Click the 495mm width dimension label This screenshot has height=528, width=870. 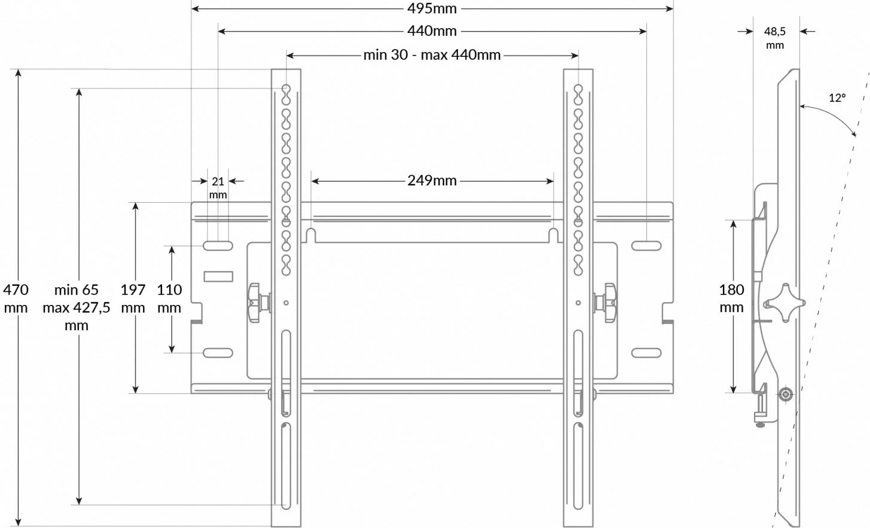[432, 8]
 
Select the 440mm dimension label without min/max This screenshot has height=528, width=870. [432, 30]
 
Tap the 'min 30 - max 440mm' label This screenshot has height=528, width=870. [432, 55]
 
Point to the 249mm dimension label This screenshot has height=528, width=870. [432, 180]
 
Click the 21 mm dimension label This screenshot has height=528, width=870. [218, 187]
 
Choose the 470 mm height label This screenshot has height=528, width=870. [16, 298]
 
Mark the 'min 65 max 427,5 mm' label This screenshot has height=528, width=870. [77, 307]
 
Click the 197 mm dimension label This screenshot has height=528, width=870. [133, 298]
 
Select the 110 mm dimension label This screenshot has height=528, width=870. [169, 298]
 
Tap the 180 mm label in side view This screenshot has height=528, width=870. [731, 298]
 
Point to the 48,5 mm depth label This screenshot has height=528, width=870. [774, 38]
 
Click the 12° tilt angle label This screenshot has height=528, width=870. [837, 97]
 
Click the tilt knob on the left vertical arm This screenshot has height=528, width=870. [257, 303]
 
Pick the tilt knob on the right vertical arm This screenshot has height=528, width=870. [606, 303]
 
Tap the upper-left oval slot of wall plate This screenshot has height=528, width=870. [218, 246]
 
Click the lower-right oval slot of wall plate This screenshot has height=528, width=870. [646, 353]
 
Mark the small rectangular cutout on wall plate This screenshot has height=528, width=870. [218, 276]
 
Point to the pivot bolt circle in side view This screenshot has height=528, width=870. [785, 395]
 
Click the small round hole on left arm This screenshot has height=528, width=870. [286, 303]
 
